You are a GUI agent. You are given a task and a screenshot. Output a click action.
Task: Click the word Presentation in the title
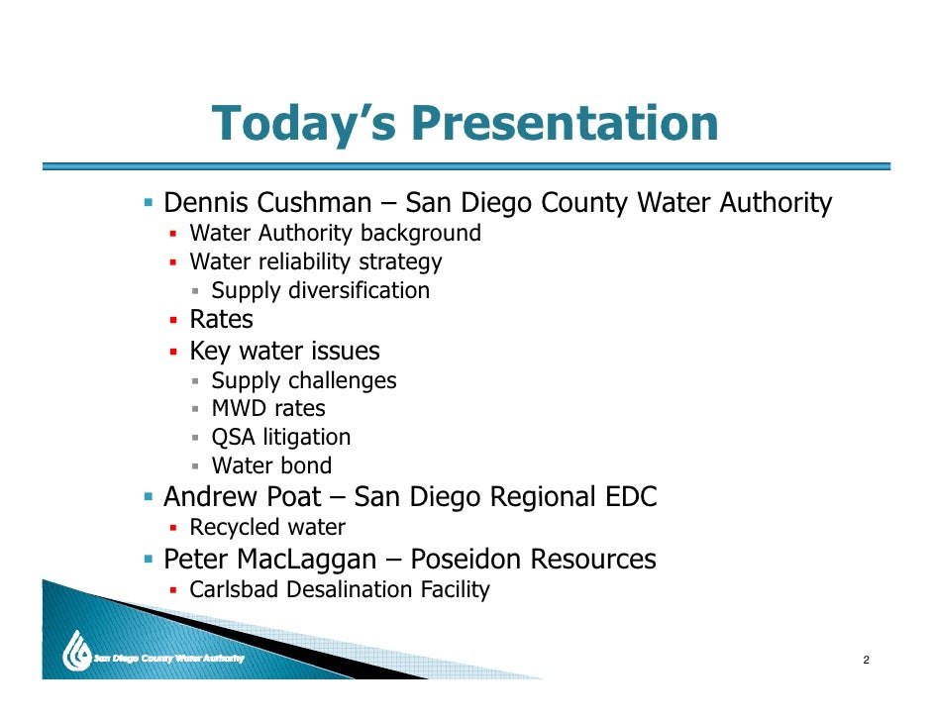(x=564, y=124)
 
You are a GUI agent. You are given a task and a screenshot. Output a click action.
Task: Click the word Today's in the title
(x=304, y=124)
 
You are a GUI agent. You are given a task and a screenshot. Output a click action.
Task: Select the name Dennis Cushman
(x=266, y=204)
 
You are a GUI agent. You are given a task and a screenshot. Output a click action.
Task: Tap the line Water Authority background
(x=335, y=234)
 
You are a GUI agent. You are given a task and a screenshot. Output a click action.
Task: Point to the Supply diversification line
(x=321, y=291)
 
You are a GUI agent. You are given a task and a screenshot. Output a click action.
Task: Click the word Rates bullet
(x=221, y=320)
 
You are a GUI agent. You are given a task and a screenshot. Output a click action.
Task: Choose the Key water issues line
(x=284, y=351)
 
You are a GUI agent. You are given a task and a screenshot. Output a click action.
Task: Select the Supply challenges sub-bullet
(x=304, y=380)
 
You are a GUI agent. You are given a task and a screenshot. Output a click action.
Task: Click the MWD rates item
(x=268, y=408)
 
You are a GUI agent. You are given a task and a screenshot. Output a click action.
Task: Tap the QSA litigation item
(x=281, y=437)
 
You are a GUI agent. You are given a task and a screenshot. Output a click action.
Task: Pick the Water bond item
(x=271, y=465)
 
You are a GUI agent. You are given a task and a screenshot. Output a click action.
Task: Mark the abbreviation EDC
(x=630, y=496)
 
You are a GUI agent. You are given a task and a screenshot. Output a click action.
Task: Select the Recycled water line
(x=267, y=528)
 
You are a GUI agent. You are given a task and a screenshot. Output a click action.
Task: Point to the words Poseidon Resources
(x=533, y=560)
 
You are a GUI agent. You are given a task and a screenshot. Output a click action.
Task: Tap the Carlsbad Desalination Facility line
(x=340, y=590)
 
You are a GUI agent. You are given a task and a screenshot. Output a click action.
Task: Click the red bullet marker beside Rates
(x=172, y=321)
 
